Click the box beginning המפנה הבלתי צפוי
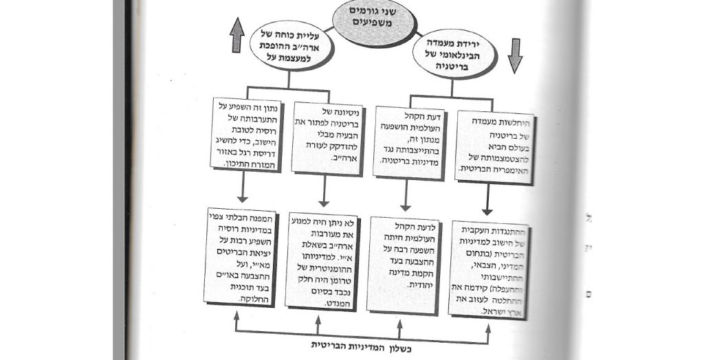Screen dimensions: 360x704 [242, 258]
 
